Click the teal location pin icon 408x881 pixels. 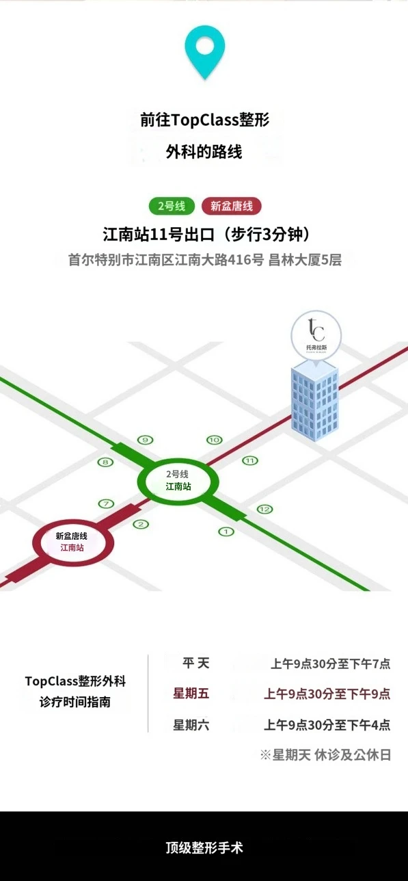click(205, 52)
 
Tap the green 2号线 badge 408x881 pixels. click(172, 206)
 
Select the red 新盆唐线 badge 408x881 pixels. click(232, 206)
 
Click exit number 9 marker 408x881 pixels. click(146, 440)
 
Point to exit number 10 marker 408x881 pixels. click(215, 440)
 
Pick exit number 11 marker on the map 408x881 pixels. click(250, 460)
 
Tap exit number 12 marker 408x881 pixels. click(264, 510)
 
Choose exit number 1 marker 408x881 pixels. click(226, 531)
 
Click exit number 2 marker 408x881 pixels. click(141, 524)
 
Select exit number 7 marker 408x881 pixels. click(106, 503)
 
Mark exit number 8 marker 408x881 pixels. click(105, 462)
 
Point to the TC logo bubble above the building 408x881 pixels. click(316, 334)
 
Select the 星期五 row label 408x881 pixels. click(191, 693)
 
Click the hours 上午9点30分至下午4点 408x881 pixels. click(327, 724)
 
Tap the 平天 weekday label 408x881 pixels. click(195, 663)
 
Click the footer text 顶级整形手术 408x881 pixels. click(204, 847)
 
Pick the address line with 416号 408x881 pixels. click(205, 260)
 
